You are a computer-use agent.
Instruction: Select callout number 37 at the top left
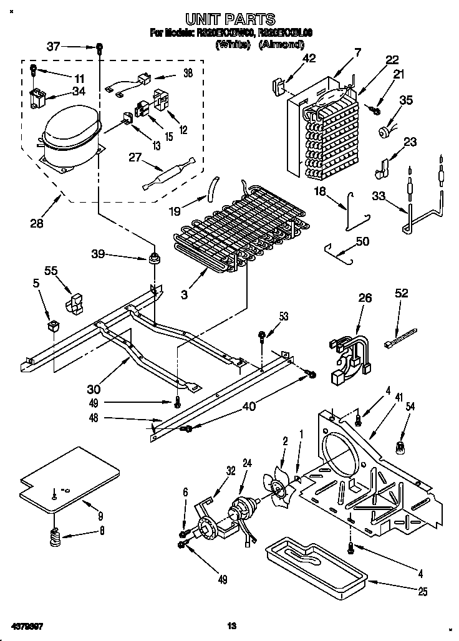[x=54, y=46]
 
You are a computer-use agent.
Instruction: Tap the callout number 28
[x=37, y=222]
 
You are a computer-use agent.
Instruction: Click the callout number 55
[x=51, y=270]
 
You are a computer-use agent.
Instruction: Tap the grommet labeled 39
[x=153, y=258]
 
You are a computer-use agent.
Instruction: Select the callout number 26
[x=365, y=298]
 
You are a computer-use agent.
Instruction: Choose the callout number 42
[x=309, y=59]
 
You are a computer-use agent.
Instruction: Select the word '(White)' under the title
[x=233, y=44]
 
